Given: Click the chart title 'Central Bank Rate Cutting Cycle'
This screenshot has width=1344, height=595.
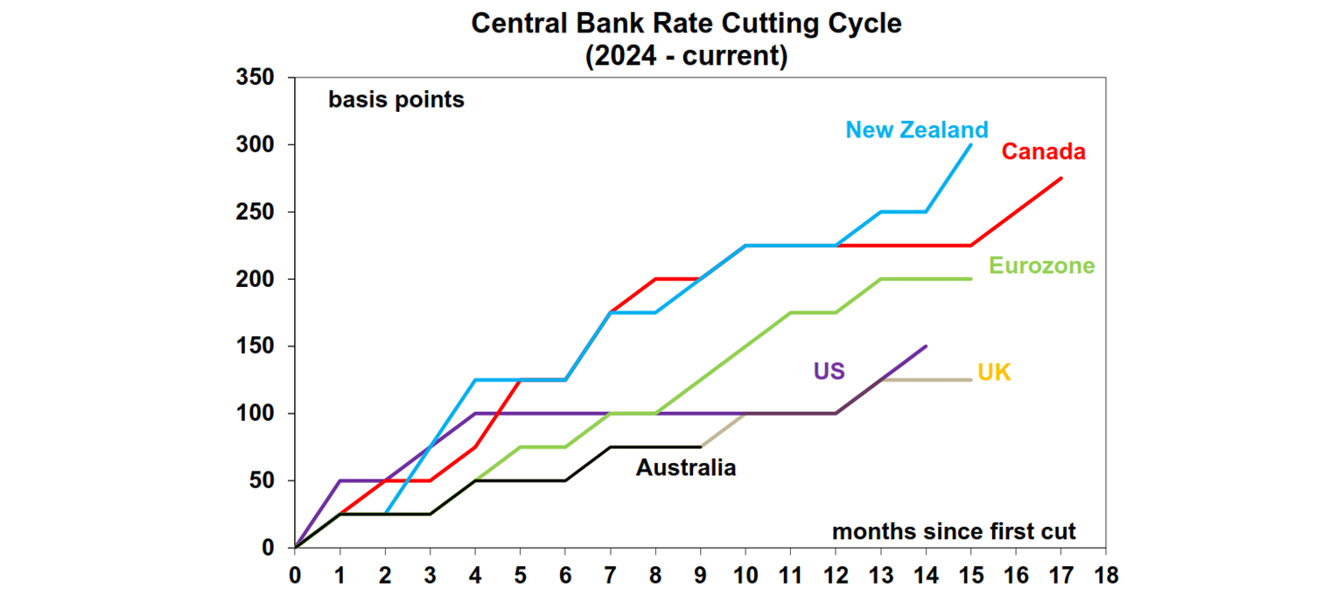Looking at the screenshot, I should pyautogui.click(x=686, y=24).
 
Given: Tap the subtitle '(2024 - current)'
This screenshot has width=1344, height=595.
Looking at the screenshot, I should pyautogui.click(x=686, y=57).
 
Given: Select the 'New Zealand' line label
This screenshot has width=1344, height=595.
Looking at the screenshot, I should pyautogui.click(x=916, y=130).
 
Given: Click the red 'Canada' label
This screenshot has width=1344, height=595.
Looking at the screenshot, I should pyautogui.click(x=1043, y=152).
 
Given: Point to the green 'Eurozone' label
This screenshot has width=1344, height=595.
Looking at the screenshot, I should pyautogui.click(x=1041, y=266).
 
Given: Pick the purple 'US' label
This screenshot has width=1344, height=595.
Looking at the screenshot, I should pyautogui.click(x=829, y=371).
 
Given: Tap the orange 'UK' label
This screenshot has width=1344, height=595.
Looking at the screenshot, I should pyautogui.click(x=994, y=374).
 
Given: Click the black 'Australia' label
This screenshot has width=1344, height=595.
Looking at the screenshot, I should pyautogui.click(x=685, y=468).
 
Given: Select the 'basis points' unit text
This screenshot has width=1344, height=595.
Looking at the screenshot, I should pyautogui.click(x=396, y=100).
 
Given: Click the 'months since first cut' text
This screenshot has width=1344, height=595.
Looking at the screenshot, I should pyautogui.click(x=954, y=531).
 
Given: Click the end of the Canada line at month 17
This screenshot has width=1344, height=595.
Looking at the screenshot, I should pyautogui.click(x=1060, y=178).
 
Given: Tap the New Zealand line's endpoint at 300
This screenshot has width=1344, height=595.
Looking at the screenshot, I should pyautogui.click(x=970, y=145).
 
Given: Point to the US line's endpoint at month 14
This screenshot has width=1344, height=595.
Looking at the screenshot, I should pyautogui.click(x=926, y=346).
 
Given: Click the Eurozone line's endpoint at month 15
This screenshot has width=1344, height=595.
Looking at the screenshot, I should pyautogui.click(x=970, y=279).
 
